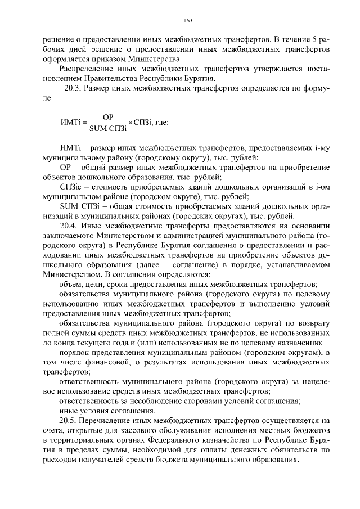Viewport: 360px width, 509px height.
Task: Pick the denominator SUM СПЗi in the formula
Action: (108, 129)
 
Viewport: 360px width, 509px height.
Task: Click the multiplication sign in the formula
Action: (130, 123)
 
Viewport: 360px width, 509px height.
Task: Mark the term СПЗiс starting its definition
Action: (71, 186)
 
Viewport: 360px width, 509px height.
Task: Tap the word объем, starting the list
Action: (71, 284)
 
